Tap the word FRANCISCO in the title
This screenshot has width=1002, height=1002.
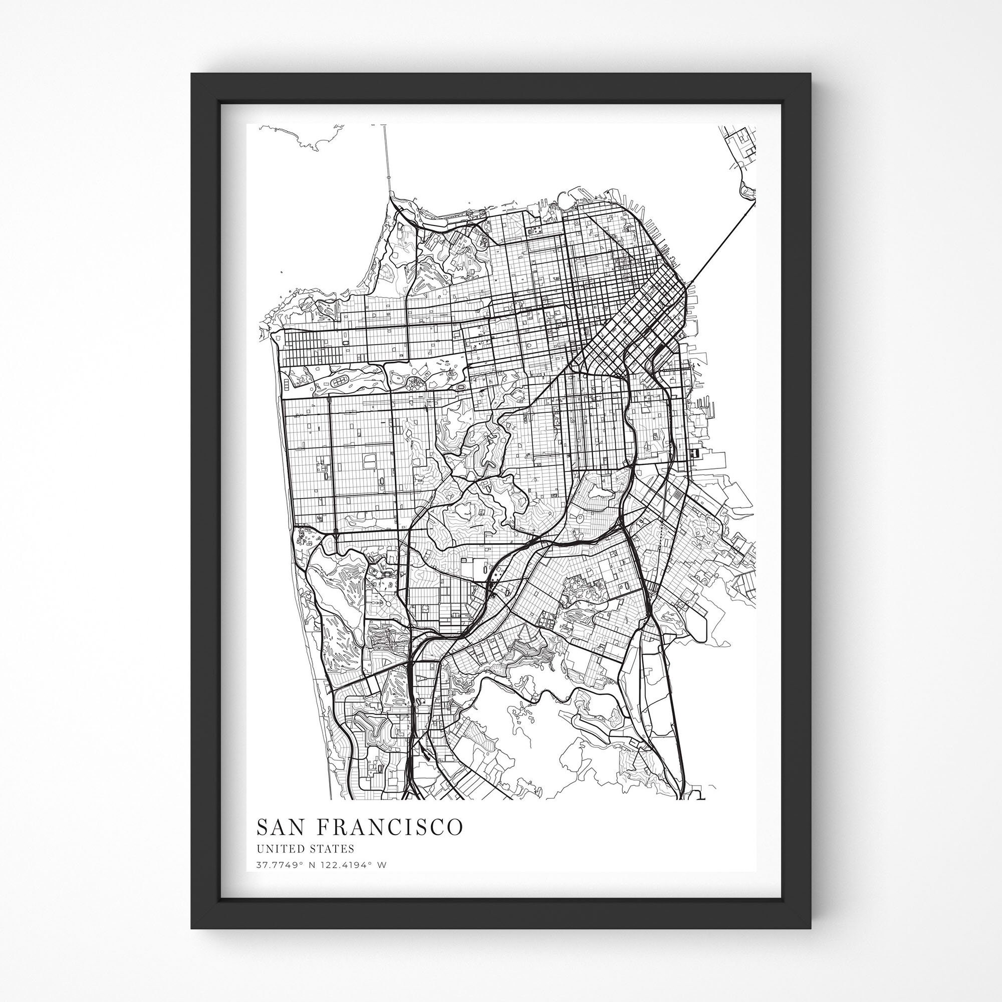(x=389, y=827)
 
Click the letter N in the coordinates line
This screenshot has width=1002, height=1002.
(x=304, y=865)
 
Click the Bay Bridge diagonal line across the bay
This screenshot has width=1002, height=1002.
(x=721, y=243)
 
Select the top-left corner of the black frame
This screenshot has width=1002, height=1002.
(x=193, y=75)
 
